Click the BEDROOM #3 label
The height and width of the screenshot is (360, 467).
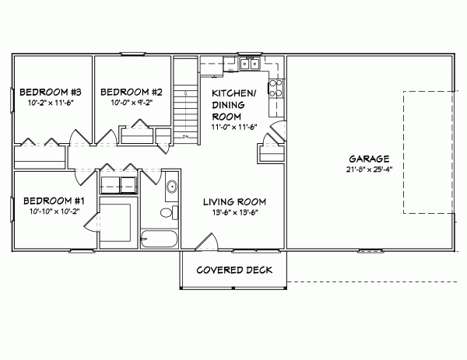point(45,89)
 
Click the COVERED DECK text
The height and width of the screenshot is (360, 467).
point(234,271)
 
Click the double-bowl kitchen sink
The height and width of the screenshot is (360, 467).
point(250,64)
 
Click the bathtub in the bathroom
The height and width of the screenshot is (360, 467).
point(160,238)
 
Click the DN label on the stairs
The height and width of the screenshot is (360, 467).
point(187,138)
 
